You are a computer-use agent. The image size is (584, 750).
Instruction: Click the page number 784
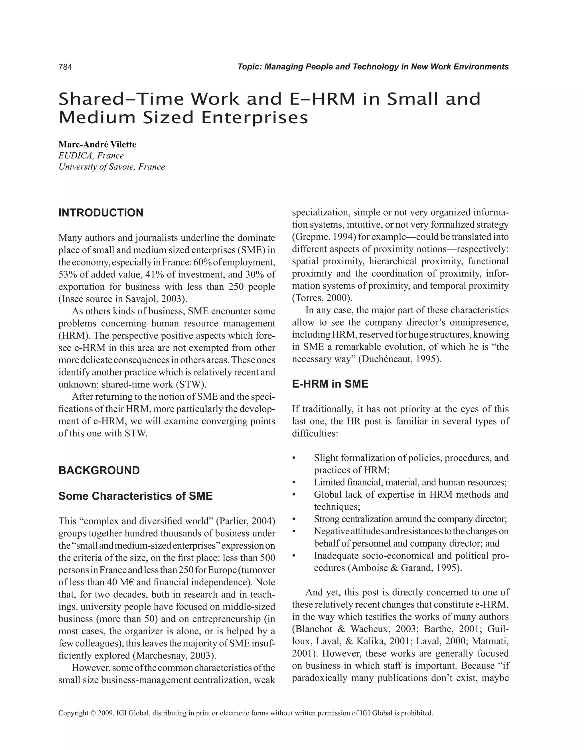pos(65,67)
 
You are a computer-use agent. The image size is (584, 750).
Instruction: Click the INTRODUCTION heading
pos(101,212)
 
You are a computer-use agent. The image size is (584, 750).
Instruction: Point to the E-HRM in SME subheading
pos(330,384)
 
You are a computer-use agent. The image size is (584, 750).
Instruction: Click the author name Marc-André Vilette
pos(97,145)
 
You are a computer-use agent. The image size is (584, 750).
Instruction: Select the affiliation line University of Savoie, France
pos(112,167)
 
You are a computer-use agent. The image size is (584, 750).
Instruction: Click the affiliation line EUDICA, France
pos(91,156)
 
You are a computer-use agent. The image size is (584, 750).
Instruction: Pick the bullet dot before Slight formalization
pos(294,458)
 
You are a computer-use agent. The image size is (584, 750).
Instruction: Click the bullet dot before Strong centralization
pos(294,519)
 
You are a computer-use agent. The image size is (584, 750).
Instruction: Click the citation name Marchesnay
pos(161,655)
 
